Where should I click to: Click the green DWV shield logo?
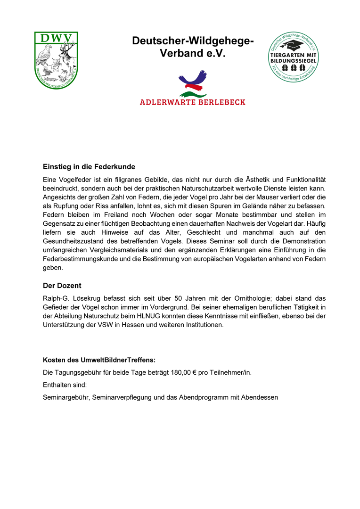pyautogui.click(x=56, y=60)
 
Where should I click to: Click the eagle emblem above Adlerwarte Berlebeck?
pyautogui.click(x=193, y=83)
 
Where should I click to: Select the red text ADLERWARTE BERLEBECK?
pyautogui.click(x=193, y=102)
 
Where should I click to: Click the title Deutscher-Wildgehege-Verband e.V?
pyautogui.click(x=193, y=47)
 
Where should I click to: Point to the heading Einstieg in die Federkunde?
pyautogui.click(x=89, y=167)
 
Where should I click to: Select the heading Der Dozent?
pyautogui.click(x=63, y=286)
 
